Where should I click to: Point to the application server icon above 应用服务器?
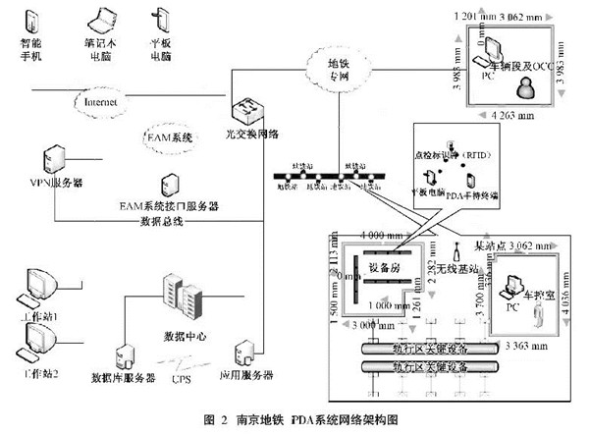243,352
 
